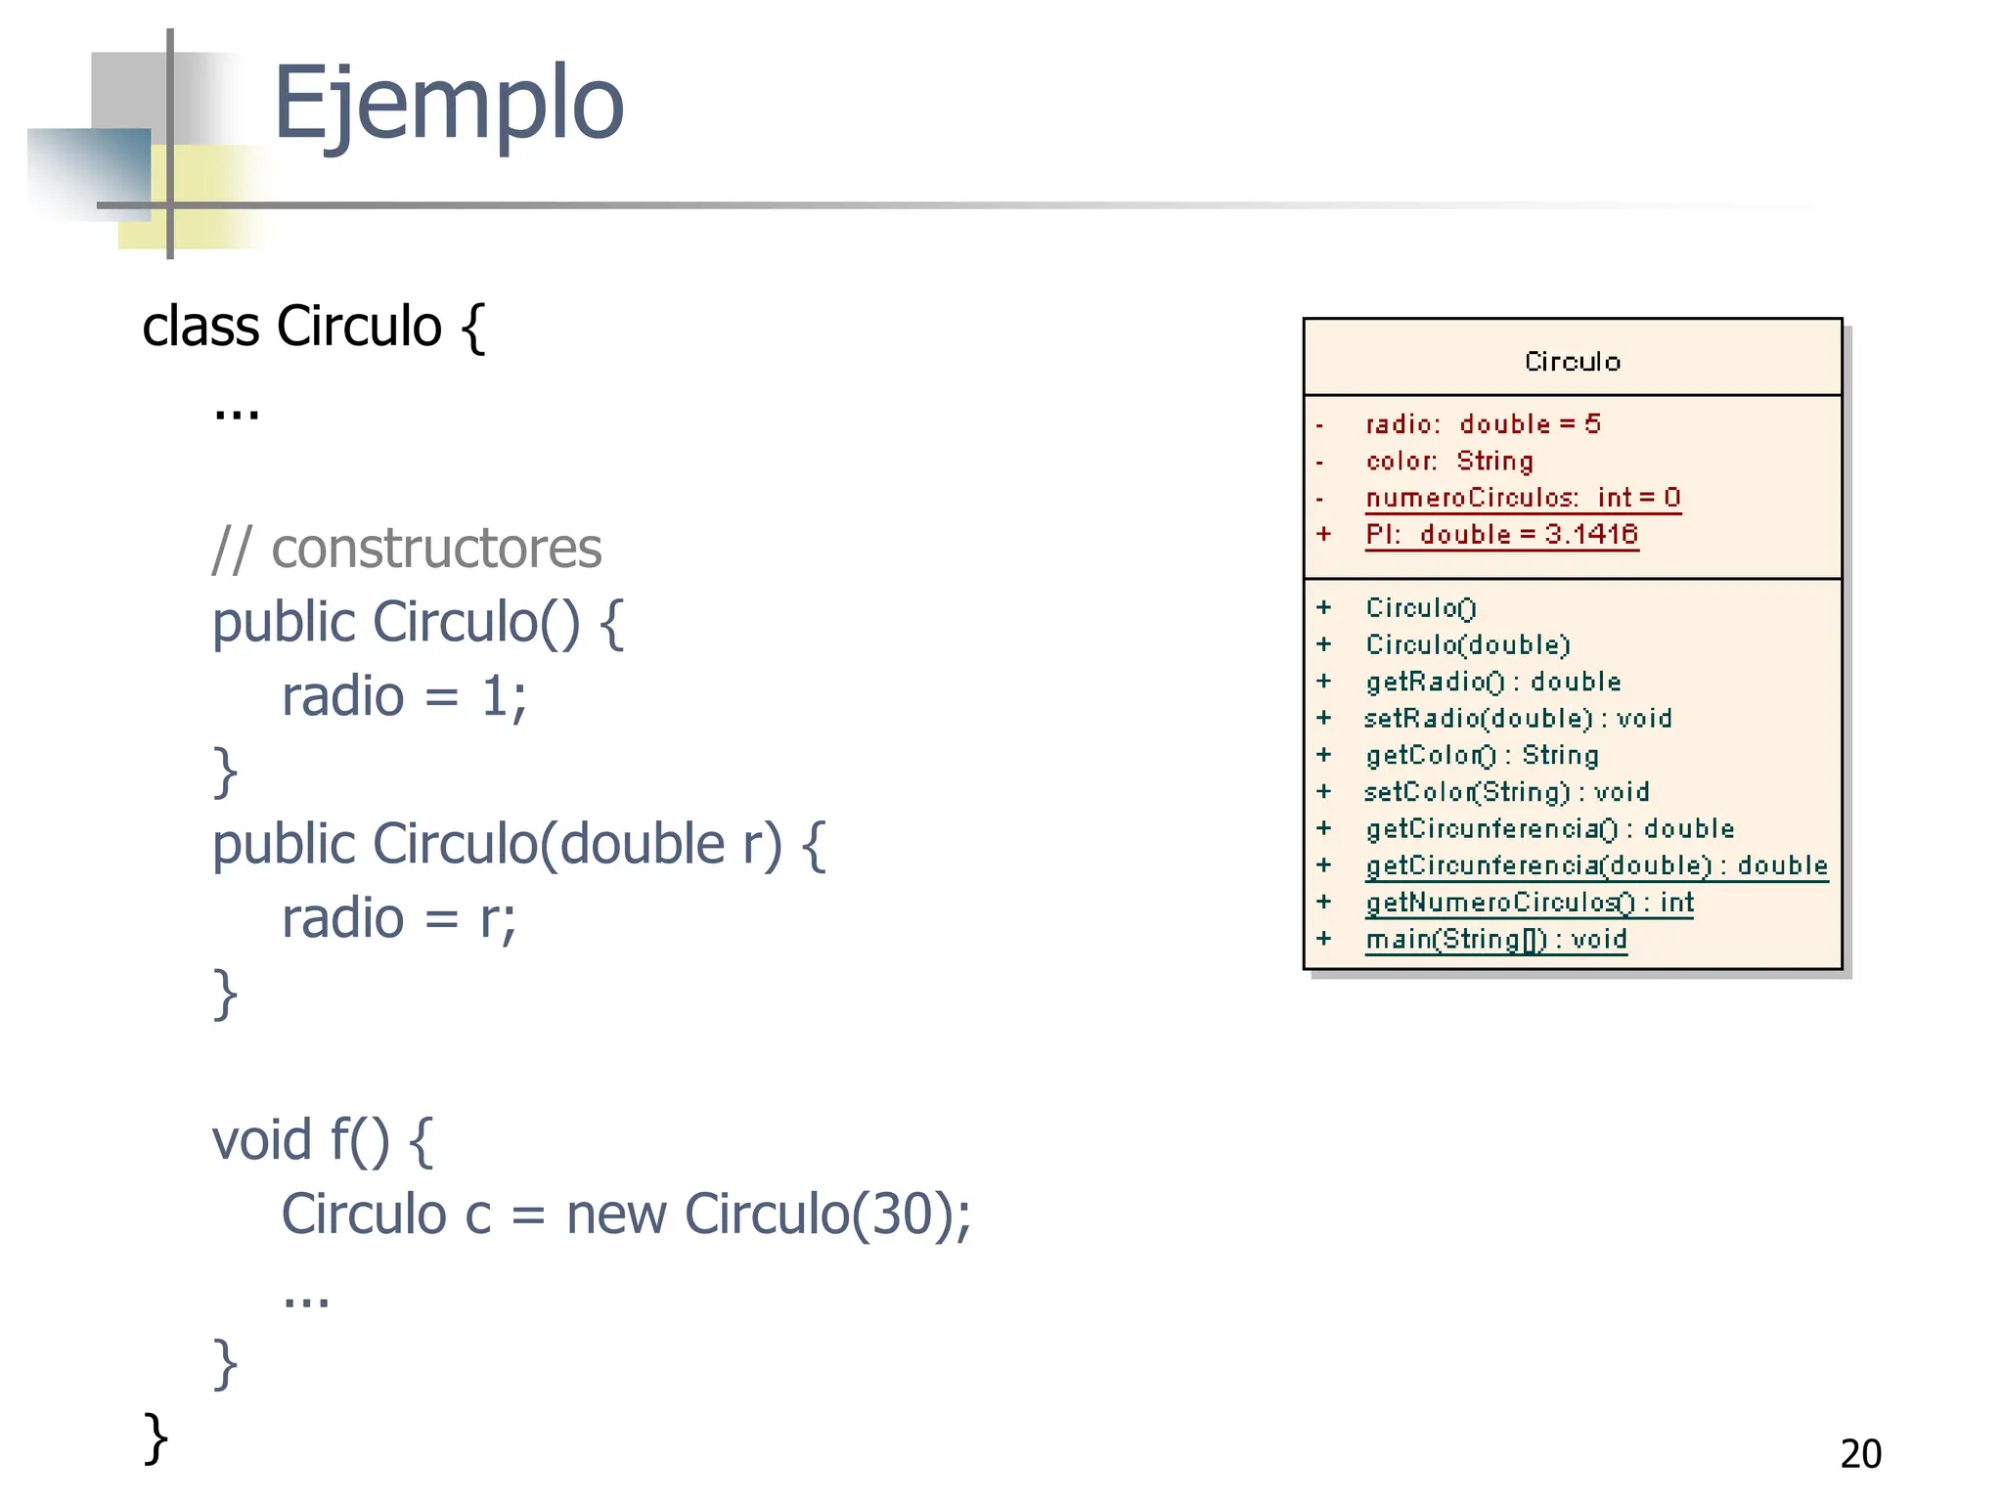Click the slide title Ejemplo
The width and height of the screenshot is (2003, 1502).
448,103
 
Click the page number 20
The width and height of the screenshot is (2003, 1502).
1859,1454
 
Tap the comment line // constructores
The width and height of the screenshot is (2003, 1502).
407,549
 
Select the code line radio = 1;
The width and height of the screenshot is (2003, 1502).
404,697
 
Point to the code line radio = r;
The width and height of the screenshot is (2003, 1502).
398,919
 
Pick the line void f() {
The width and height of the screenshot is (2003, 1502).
323,1140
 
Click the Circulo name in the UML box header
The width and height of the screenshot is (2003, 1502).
1572,362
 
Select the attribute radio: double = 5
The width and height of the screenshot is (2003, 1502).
1482,424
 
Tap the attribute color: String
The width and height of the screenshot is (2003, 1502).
1448,461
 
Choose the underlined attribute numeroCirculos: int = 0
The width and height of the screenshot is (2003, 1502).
1522,498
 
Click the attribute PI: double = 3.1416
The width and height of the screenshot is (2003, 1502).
1500,535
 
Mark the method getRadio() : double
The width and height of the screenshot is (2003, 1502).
1492,682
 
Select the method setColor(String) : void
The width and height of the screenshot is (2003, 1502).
1506,792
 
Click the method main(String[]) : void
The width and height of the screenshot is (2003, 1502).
1495,940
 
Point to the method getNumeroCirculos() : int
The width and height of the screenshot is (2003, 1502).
1529,903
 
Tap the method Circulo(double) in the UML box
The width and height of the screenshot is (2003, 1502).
1467,645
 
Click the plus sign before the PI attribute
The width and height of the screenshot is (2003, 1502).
1323,534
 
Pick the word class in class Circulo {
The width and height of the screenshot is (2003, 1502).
200,327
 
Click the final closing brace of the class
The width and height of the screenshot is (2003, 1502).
156,1437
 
